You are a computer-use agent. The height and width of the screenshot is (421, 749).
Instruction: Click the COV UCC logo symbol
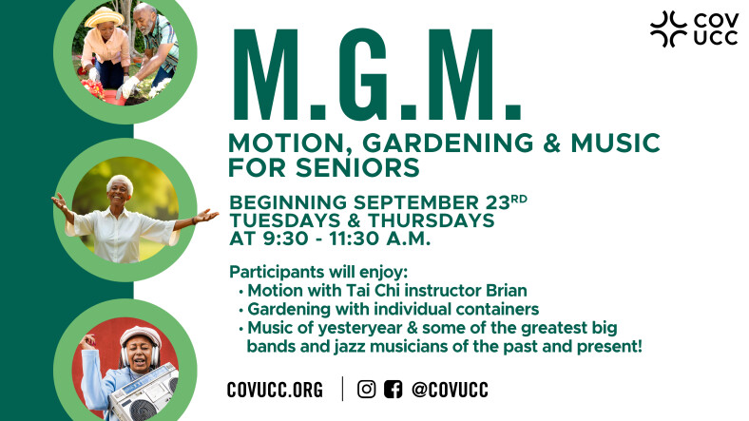[x=668, y=29]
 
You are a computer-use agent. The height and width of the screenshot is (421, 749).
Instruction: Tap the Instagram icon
[x=366, y=389]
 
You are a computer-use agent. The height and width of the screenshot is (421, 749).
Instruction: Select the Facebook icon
[x=394, y=389]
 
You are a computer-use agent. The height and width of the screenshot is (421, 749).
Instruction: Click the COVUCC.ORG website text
[x=275, y=390]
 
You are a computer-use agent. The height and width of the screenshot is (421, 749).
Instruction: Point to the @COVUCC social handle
[x=450, y=390]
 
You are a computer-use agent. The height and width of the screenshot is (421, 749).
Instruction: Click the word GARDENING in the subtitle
[x=448, y=144]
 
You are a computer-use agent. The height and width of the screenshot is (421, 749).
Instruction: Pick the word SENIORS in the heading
[x=357, y=167]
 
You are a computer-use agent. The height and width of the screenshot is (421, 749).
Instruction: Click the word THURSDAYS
[x=432, y=220]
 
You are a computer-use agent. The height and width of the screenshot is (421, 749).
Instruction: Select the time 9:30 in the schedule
[x=286, y=239]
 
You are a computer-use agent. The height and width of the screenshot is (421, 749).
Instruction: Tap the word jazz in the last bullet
[x=348, y=346]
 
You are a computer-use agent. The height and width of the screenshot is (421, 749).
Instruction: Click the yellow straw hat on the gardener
[x=105, y=17]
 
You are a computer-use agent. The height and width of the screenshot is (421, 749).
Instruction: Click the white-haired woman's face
[x=119, y=192]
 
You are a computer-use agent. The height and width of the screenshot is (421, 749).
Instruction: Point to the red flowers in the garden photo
[x=92, y=88]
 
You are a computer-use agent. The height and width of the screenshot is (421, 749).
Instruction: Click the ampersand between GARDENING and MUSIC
[x=551, y=144]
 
